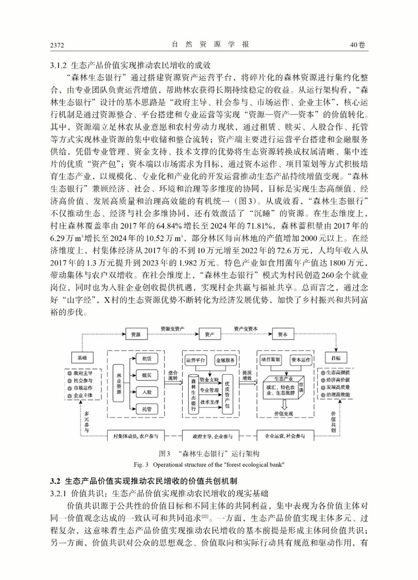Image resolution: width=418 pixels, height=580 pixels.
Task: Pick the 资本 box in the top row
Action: [282, 334]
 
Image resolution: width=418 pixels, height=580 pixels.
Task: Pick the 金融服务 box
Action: [227, 361]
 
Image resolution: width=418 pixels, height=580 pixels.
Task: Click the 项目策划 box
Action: [270, 360]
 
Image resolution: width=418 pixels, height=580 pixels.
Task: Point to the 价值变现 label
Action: [284, 412]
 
